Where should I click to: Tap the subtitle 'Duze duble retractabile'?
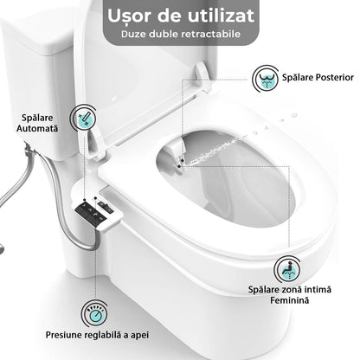tap(179, 38)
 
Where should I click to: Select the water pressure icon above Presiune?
tap(93, 311)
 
